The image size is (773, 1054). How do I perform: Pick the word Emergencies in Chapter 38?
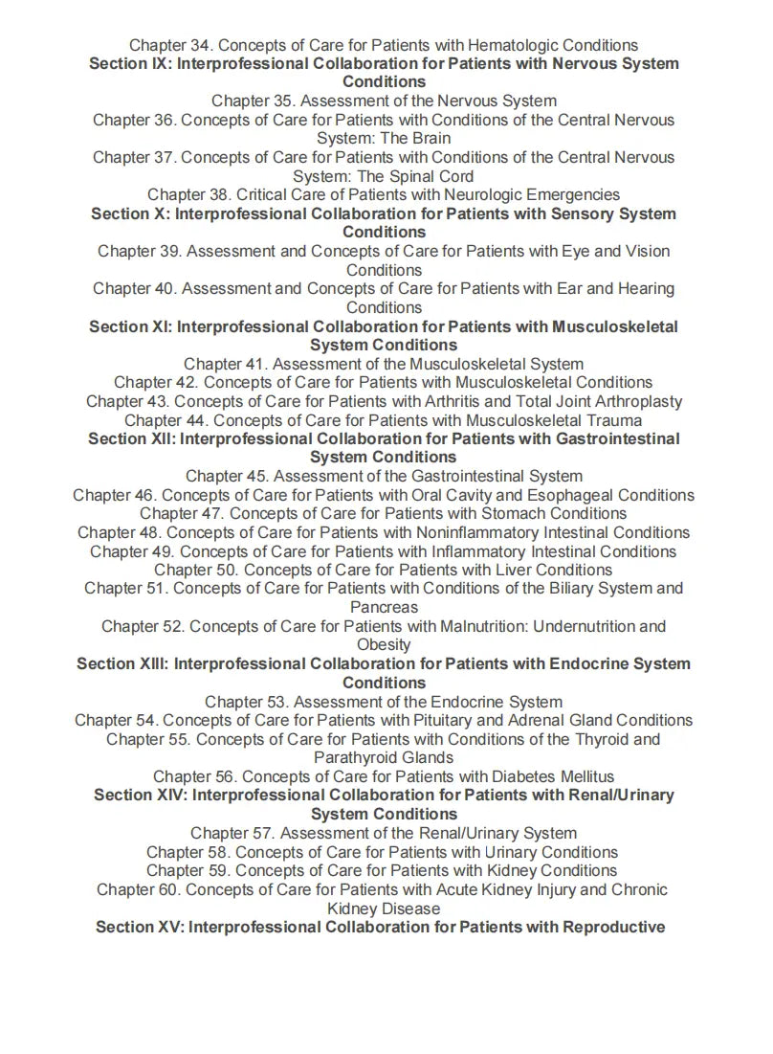point(568,195)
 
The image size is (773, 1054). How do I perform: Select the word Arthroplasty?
point(635,401)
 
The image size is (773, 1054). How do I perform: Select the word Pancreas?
point(384,607)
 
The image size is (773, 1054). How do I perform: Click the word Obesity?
point(384,645)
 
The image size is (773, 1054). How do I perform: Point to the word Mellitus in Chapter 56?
point(581,776)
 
